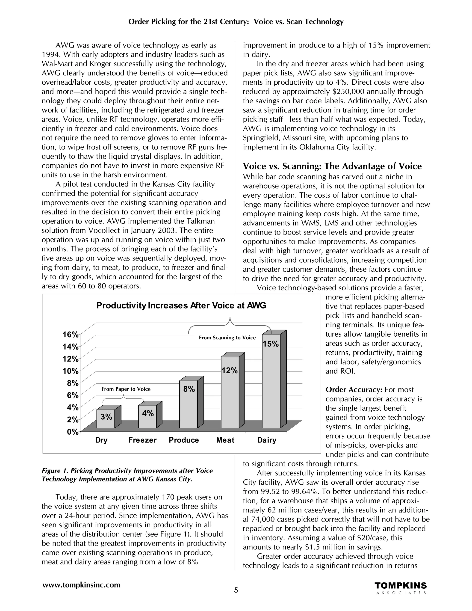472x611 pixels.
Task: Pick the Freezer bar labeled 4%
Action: [x=147, y=418]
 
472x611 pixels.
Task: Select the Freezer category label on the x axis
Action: [x=142, y=440]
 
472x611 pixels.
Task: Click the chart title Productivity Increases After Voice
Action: [x=181, y=305]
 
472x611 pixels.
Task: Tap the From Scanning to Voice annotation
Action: [x=227, y=338]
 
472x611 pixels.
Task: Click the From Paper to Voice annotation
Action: [x=126, y=389]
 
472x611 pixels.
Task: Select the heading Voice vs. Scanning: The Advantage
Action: [x=332, y=166]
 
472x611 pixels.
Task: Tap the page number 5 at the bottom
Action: [x=236, y=590]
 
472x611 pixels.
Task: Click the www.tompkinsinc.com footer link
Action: [x=81, y=585]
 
